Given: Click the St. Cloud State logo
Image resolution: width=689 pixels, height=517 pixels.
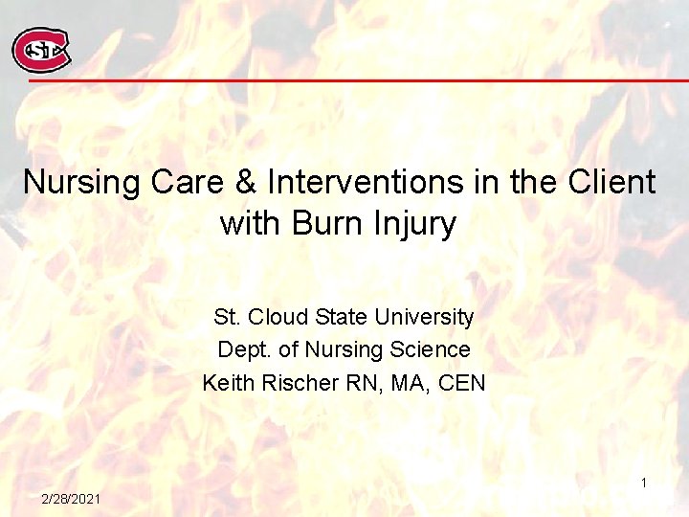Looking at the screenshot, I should pos(40,50).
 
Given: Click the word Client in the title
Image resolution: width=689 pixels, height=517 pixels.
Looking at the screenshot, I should pos(610,182).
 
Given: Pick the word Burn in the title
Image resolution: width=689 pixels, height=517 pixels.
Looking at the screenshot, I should pos(327,223).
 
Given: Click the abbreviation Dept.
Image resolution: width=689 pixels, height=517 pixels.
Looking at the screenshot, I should pos(240,350).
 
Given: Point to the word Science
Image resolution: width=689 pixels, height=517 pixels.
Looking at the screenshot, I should pos(427,350).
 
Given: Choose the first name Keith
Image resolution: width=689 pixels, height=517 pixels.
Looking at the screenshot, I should pos(227,384).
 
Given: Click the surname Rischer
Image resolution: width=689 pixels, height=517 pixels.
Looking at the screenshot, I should pos(300,384).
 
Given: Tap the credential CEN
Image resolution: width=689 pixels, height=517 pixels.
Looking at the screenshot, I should pos(463,384).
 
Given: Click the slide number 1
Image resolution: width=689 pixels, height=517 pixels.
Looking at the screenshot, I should pos(644,483).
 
